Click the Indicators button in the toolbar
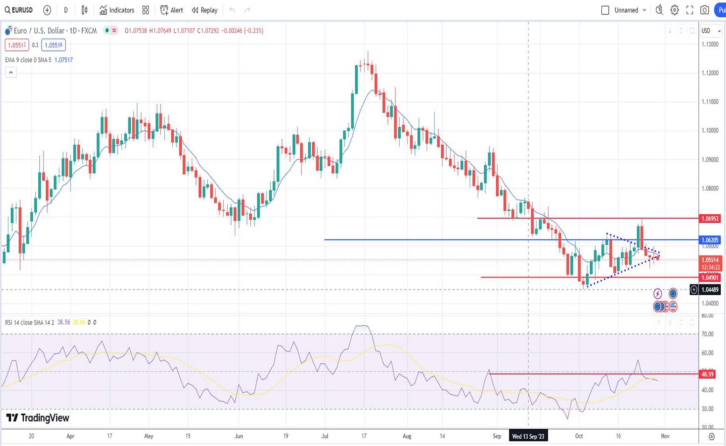(x=117, y=10)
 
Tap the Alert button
(x=171, y=10)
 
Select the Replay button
(x=204, y=10)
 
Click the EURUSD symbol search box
(x=19, y=10)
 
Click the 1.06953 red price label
(x=709, y=219)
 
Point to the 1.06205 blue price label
(x=709, y=240)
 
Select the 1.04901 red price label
(x=709, y=278)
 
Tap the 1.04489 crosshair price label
(x=710, y=290)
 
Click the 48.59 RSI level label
(x=707, y=374)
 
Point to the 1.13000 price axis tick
(x=710, y=44)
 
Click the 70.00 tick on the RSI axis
(x=707, y=334)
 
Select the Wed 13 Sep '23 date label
(x=528, y=436)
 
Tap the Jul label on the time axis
(x=325, y=436)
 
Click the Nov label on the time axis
(x=665, y=436)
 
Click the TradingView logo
(x=38, y=418)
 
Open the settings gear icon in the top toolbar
(x=675, y=10)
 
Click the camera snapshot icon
(x=705, y=10)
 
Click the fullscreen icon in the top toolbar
(x=690, y=10)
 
